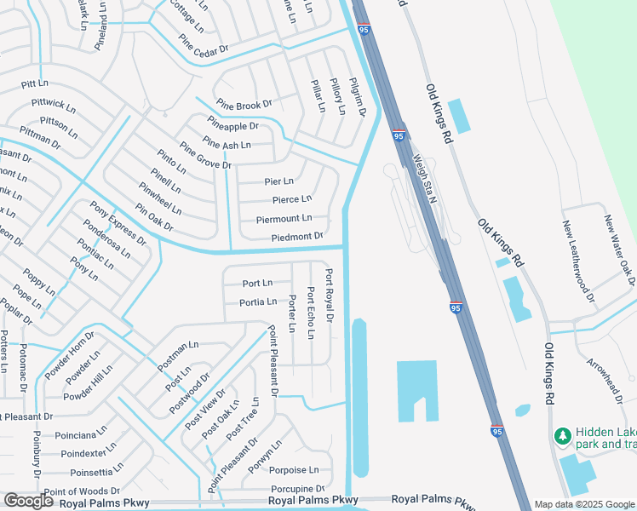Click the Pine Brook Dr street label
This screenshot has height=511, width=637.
coord(244,104)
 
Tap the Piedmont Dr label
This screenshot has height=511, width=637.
coord(297,236)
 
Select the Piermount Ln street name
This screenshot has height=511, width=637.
coord(284,219)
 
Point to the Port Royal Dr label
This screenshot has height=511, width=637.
coord(329,295)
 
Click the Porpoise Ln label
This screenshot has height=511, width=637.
coord(295,469)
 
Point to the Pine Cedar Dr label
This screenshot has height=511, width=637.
coord(204,44)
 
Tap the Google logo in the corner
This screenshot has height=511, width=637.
coord(28,502)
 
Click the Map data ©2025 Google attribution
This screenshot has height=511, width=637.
coord(584,504)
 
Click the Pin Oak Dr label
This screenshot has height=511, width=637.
coord(153,216)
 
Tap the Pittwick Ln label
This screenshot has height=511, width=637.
coord(54,107)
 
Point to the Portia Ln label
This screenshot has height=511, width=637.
coord(258,301)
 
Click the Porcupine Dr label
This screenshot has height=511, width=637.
coord(297,488)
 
